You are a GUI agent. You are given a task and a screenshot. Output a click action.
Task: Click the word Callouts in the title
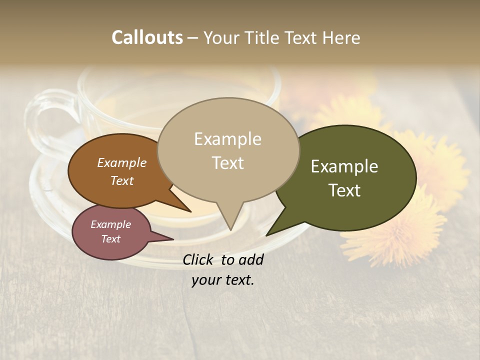coord(147,37)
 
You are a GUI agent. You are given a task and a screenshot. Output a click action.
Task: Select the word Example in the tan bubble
coord(227,139)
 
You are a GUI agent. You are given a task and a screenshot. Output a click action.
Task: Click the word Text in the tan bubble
coord(227,162)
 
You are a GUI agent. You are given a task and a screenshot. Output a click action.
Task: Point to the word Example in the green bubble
coord(344,166)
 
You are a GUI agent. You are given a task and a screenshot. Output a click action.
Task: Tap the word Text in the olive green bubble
coord(344,190)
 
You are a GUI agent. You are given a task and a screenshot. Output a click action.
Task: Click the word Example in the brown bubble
coord(122,162)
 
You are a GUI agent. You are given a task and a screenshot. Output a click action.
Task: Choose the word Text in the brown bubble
coord(122,180)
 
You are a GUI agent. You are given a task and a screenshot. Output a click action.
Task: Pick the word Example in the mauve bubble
coord(110,224)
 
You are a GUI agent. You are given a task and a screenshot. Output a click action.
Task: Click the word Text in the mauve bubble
coord(110,239)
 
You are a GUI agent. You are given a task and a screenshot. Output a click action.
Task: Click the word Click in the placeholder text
coord(199,259)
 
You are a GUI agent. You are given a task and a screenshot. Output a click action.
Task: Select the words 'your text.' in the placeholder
coord(223,280)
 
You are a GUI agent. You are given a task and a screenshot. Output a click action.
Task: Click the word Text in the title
coord(303,37)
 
